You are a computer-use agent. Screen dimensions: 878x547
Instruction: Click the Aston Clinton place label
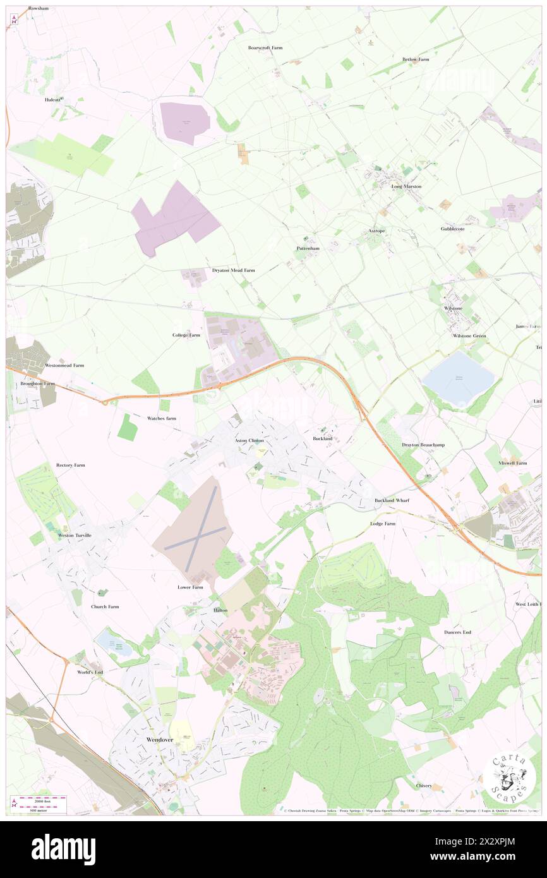tap(249, 440)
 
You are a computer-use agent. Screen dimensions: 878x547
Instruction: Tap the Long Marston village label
tap(406, 186)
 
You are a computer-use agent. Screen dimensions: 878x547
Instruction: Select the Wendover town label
tap(159, 738)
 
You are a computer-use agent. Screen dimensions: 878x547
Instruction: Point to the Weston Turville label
tap(75, 535)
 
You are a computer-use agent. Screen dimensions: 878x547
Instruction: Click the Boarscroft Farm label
tap(265, 47)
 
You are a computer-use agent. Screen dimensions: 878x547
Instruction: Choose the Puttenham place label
tap(308, 248)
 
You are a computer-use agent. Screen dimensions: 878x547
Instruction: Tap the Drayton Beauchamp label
tap(423, 445)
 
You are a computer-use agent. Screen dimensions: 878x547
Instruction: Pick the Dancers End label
tap(457, 632)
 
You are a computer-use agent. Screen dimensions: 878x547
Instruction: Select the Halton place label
tap(220, 610)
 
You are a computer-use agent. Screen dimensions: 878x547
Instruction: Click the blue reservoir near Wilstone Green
tap(459, 380)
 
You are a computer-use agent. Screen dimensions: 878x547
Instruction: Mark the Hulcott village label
tap(53, 100)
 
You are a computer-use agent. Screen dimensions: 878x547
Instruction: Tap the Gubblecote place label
tap(453, 229)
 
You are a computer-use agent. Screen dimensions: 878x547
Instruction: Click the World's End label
tap(90, 672)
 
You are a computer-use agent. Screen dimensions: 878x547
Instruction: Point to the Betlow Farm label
tap(416, 59)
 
